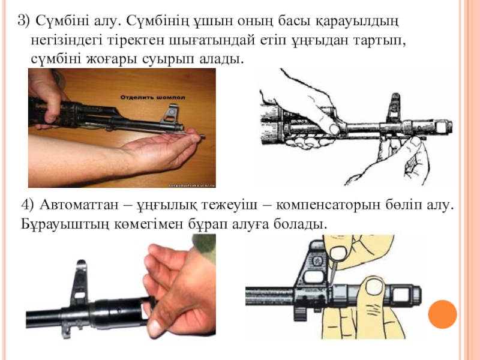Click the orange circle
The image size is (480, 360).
442,314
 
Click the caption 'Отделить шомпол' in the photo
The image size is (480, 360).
153,97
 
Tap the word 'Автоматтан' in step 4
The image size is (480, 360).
79,205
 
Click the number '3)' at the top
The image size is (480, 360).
24,21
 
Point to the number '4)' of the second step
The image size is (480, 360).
28,205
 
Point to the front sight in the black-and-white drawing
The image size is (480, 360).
394,107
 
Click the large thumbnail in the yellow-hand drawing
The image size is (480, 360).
374,287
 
